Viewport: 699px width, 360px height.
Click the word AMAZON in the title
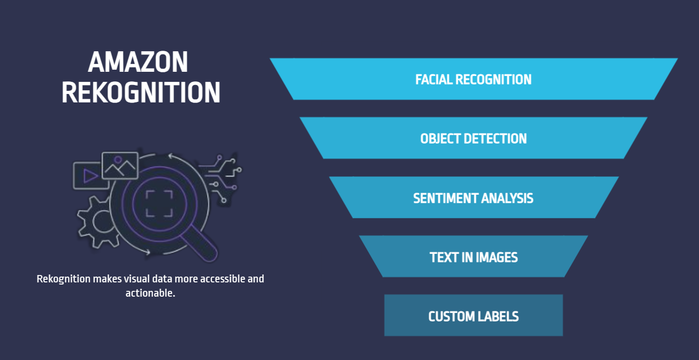point(138,62)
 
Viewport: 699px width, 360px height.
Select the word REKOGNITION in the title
point(141,92)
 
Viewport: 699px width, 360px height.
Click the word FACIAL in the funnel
point(434,80)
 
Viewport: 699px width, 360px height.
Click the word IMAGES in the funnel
point(496,258)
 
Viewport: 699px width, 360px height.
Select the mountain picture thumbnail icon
point(120,165)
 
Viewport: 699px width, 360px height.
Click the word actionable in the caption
point(150,293)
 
